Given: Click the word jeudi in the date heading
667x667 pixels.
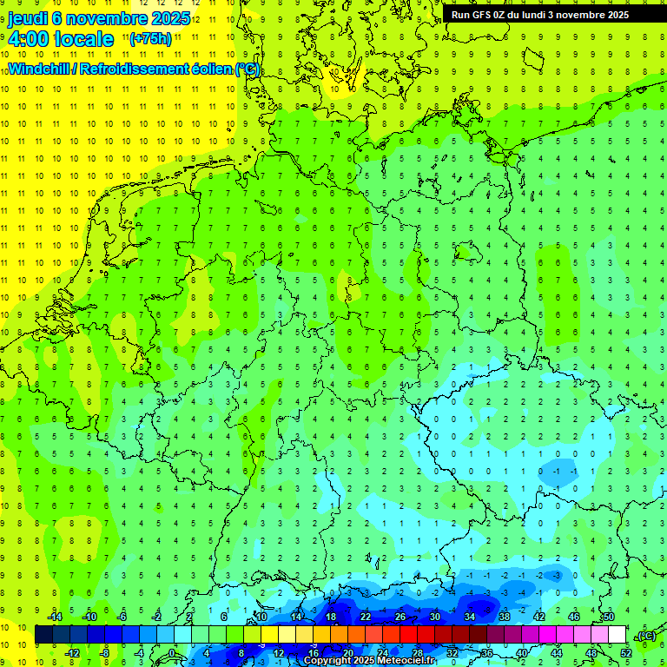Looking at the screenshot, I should pyautogui.click(x=29, y=19).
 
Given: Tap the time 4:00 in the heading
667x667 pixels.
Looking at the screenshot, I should pyautogui.click(x=28, y=39).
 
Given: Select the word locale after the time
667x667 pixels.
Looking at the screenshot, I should pyautogui.click(x=83, y=39).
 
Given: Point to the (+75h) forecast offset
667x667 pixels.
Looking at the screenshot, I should pyautogui.click(x=150, y=39).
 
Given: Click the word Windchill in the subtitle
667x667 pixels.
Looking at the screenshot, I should pyautogui.click(x=40, y=69).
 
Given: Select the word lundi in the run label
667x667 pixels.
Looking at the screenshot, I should pyautogui.click(x=544, y=15).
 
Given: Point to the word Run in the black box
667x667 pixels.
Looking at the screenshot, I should pyautogui.click(x=460, y=15).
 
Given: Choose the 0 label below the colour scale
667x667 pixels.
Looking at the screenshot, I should pyautogui.click(x=173, y=653).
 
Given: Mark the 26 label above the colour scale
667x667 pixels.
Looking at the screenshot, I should pyautogui.click(x=400, y=617).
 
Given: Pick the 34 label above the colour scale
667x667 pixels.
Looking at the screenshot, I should pyautogui.click(x=469, y=617).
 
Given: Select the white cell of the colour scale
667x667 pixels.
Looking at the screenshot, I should pyautogui.click(x=617, y=635).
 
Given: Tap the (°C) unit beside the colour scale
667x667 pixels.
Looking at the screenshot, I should pyautogui.click(x=645, y=636).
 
